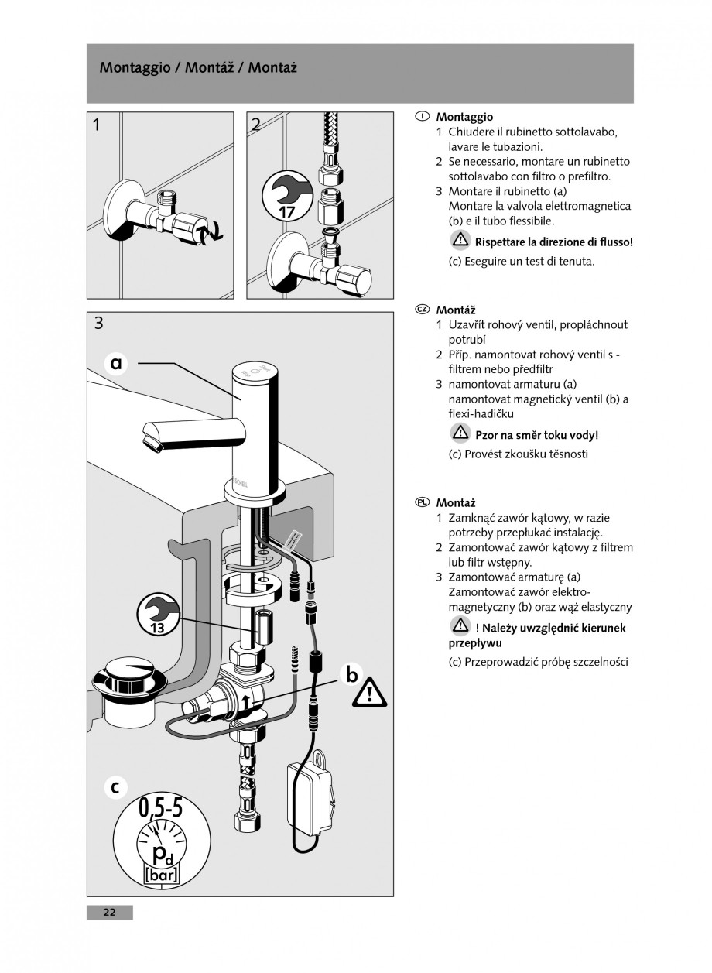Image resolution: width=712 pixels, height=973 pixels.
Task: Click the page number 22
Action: click(x=109, y=913)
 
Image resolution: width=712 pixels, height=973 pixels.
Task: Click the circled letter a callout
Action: click(x=117, y=362)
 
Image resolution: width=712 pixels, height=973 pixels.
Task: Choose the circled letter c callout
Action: click(x=115, y=787)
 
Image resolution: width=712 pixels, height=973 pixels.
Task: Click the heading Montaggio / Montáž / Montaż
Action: click(x=198, y=68)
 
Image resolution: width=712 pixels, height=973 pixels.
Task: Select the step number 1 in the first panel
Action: click(x=95, y=124)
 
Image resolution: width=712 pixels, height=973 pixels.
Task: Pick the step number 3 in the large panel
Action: click(x=98, y=324)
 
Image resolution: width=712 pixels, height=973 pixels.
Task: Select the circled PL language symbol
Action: click(x=422, y=502)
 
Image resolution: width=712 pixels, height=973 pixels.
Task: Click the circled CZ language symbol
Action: click(x=422, y=310)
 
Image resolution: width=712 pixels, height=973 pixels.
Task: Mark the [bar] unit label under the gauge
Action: click(x=161, y=876)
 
